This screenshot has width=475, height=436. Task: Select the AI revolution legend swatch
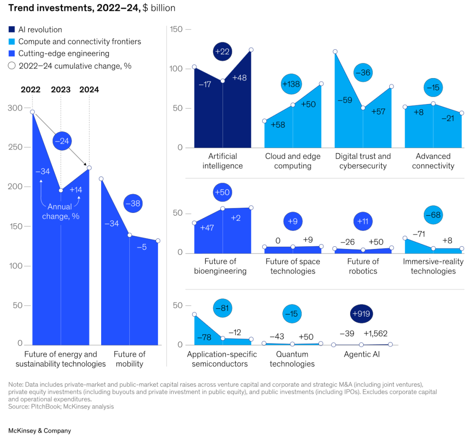(12, 30)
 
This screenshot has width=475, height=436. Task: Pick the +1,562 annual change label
(376, 334)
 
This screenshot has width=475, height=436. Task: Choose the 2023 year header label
(61, 90)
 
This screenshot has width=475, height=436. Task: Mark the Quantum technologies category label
(292, 359)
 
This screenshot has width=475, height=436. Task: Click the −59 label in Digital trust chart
(345, 100)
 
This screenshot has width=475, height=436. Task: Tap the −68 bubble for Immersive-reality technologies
(433, 215)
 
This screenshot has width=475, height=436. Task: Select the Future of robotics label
(363, 266)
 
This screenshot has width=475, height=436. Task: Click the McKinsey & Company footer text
(40, 431)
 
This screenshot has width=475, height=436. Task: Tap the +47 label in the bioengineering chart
(208, 228)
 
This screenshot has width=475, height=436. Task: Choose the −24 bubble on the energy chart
(62, 141)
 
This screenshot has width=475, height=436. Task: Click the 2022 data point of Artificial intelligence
(194, 67)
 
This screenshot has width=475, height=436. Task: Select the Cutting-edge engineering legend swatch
(12, 54)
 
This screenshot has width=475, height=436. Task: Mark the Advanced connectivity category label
(433, 161)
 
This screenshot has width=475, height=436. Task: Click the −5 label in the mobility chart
(142, 247)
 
